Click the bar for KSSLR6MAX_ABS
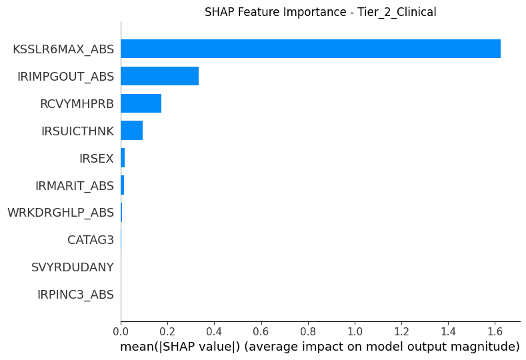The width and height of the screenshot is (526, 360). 311,49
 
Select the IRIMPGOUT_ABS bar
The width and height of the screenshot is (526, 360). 160,76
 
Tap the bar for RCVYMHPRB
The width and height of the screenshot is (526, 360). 141,103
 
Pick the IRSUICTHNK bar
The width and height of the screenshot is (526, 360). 132,131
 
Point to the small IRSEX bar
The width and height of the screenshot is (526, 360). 123,158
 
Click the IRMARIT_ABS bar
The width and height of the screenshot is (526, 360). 123,185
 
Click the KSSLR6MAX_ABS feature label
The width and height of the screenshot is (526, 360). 63,49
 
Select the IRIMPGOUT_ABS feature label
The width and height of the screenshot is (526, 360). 66,77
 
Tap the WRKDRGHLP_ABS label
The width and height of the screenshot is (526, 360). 61,213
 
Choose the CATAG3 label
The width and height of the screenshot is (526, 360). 91,240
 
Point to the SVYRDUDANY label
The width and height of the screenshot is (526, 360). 73,267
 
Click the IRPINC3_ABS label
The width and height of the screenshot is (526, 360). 75,295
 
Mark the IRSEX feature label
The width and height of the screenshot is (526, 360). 97,159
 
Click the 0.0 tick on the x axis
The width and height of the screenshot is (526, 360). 121,331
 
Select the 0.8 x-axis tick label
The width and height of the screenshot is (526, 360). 308,331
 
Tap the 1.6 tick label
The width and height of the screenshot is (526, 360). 495,331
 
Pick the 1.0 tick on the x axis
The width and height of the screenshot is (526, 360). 355,331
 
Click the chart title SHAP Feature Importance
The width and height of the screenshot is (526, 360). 275,12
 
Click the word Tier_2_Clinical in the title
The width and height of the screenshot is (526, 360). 397,13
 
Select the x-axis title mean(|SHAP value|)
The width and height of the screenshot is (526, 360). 180,347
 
